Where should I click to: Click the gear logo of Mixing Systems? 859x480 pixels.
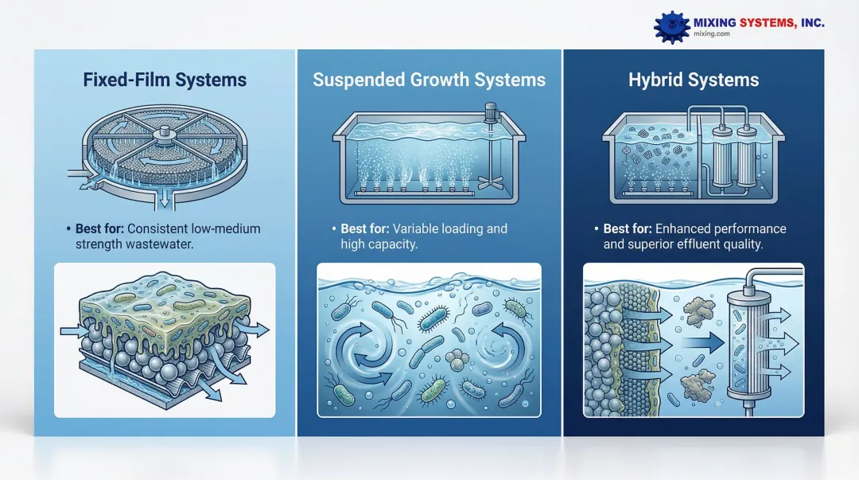(671, 27)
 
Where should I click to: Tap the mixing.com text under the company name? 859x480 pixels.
(712, 34)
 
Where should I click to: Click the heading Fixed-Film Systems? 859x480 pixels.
(165, 80)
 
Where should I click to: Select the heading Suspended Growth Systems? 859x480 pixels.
(429, 80)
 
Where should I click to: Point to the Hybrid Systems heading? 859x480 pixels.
(694, 80)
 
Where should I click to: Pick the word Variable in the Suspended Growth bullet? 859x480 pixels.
(414, 228)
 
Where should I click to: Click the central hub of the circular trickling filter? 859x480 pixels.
(164, 133)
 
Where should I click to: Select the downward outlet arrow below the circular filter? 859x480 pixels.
(164, 201)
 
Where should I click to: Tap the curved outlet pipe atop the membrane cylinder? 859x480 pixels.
(772, 275)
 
